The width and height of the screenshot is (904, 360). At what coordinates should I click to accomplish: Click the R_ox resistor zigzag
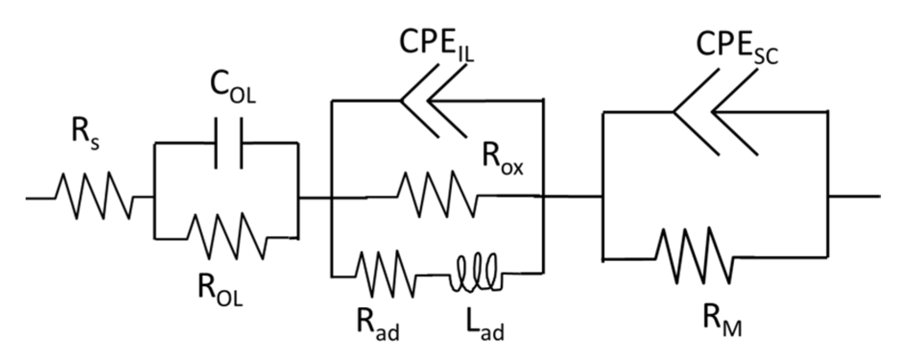437,195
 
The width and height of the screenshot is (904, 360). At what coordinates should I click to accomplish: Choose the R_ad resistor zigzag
385,275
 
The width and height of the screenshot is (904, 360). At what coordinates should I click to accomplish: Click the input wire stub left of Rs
41,197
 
